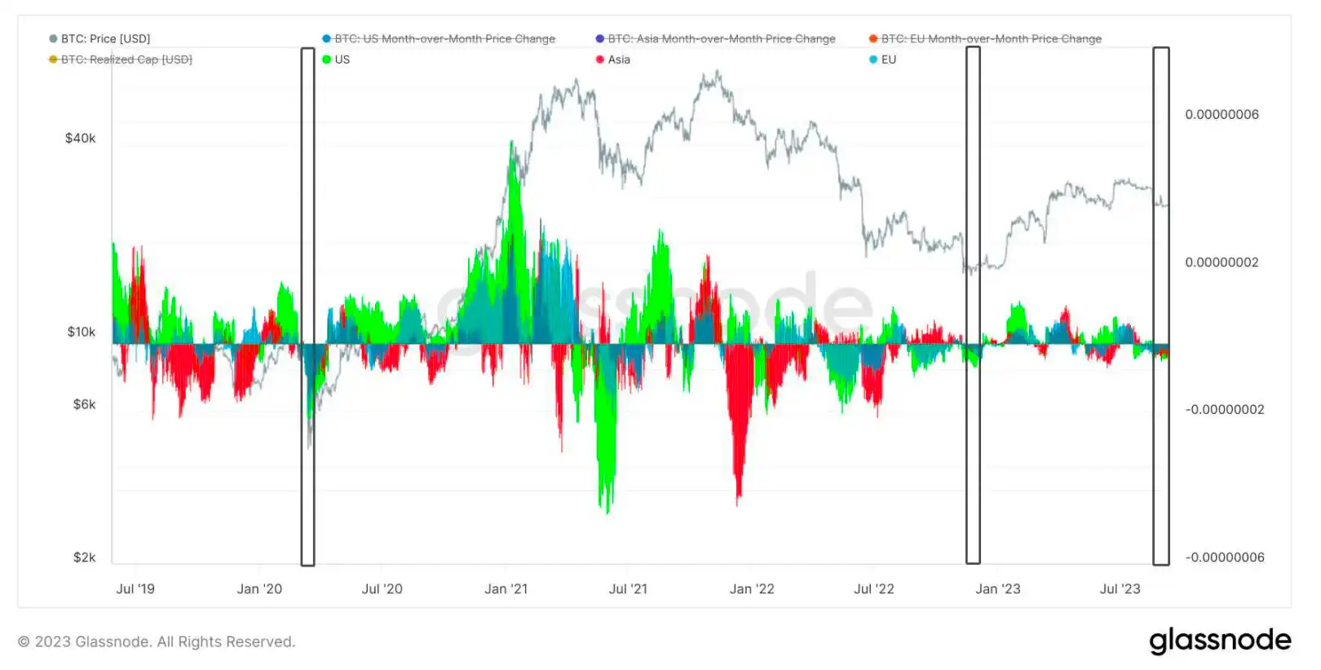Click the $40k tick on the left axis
[x=80, y=139]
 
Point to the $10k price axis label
[x=81, y=332]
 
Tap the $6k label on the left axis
[x=84, y=404]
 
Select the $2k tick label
[x=84, y=558]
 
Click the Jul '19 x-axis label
[x=135, y=589]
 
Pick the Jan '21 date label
[x=506, y=589]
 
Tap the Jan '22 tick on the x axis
[x=752, y=589]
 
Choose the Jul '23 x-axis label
[x=1120, y=589]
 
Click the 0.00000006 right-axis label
[x=1222, y=115]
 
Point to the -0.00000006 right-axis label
[x=1225, y=558]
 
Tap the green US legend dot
[x=327, y=60]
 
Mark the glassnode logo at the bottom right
[x=1220, y=641]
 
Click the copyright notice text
[x=157, y=642]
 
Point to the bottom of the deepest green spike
[x=607, y=513]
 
